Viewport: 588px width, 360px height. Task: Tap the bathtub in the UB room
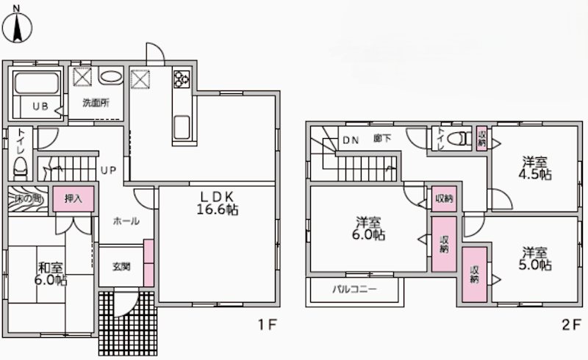coord(36,83)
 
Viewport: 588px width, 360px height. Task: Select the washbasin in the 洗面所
coord(110,77)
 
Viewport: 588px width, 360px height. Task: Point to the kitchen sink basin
coord(182,127)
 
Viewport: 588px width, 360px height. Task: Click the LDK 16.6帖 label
coord(218,204)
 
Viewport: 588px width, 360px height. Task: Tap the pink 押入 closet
coord(73,199)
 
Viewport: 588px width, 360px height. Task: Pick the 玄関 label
coord(121,267)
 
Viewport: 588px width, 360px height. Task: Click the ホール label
coord(126,221)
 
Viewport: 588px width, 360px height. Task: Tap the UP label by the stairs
coord(108,170)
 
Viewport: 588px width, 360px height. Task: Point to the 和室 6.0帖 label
coord(51,274)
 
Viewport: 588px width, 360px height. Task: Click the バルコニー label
coord(354,289)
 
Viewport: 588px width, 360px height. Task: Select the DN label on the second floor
coord(351,140)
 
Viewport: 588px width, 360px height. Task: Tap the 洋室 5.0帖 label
coord(535,259)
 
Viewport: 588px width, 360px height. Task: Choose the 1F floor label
coord(267,325)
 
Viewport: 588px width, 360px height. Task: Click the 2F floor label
coord(571,325)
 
